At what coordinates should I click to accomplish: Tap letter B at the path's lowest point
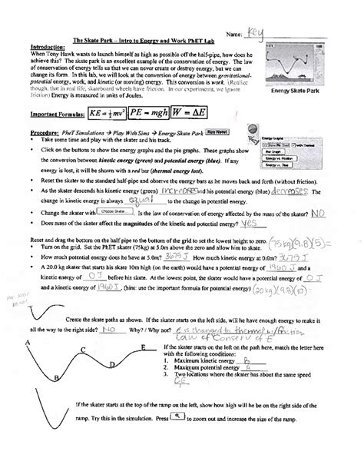(x=57, y=378)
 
